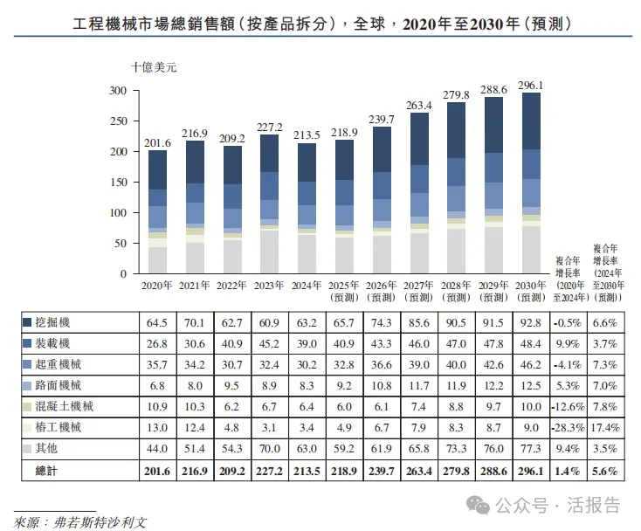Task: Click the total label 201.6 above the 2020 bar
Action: point(156,142)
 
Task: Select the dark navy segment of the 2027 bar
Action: point(420,138)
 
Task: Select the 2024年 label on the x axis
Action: point(306,286)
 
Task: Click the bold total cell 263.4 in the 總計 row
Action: point(418,471)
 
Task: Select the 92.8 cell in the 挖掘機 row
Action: point(531,324)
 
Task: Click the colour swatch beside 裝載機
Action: point(27,343)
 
